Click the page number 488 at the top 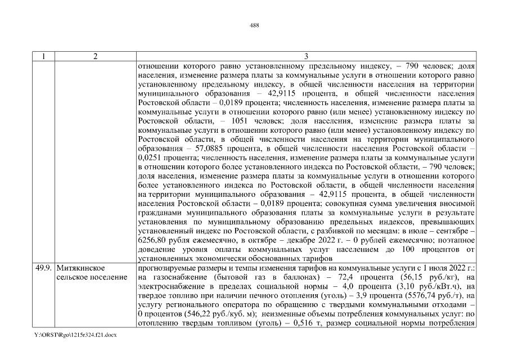pos(254,25)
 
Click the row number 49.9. pos(43,267)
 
